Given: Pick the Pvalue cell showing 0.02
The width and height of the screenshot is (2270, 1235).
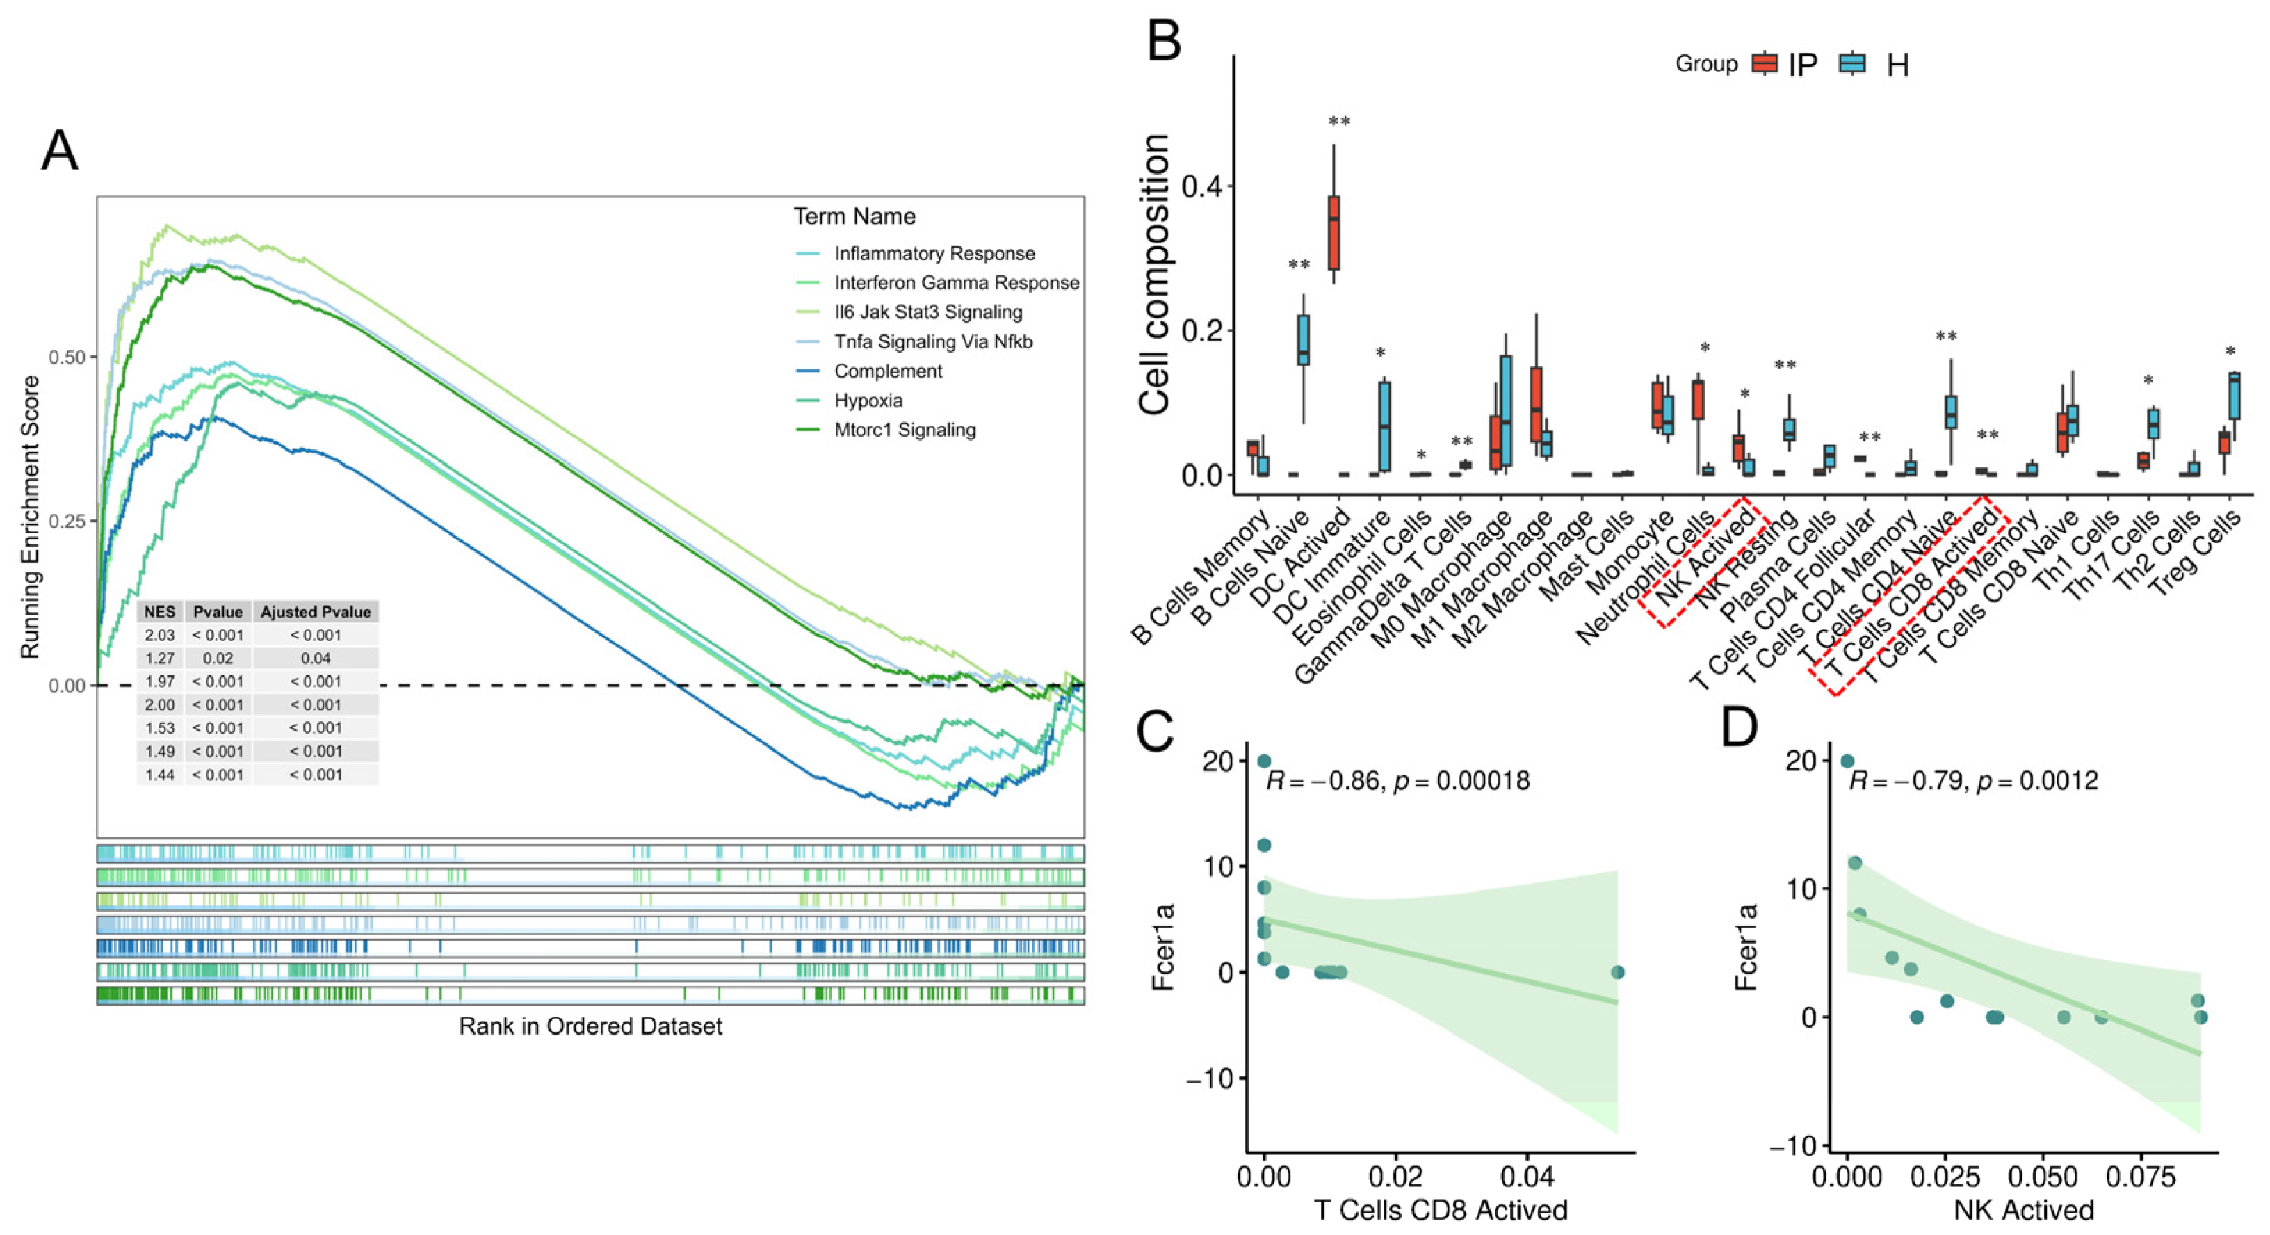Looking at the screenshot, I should point(218,659).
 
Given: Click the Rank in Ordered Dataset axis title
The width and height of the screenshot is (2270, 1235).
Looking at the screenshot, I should point(590,1026).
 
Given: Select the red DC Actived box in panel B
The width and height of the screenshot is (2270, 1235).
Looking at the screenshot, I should point(1334,233).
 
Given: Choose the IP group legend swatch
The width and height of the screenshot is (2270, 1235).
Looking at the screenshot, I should point(1763,63).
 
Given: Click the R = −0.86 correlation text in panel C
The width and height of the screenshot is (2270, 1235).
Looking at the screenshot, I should point(1322,781).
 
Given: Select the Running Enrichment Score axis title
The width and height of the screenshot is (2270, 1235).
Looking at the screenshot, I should point(31,517).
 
